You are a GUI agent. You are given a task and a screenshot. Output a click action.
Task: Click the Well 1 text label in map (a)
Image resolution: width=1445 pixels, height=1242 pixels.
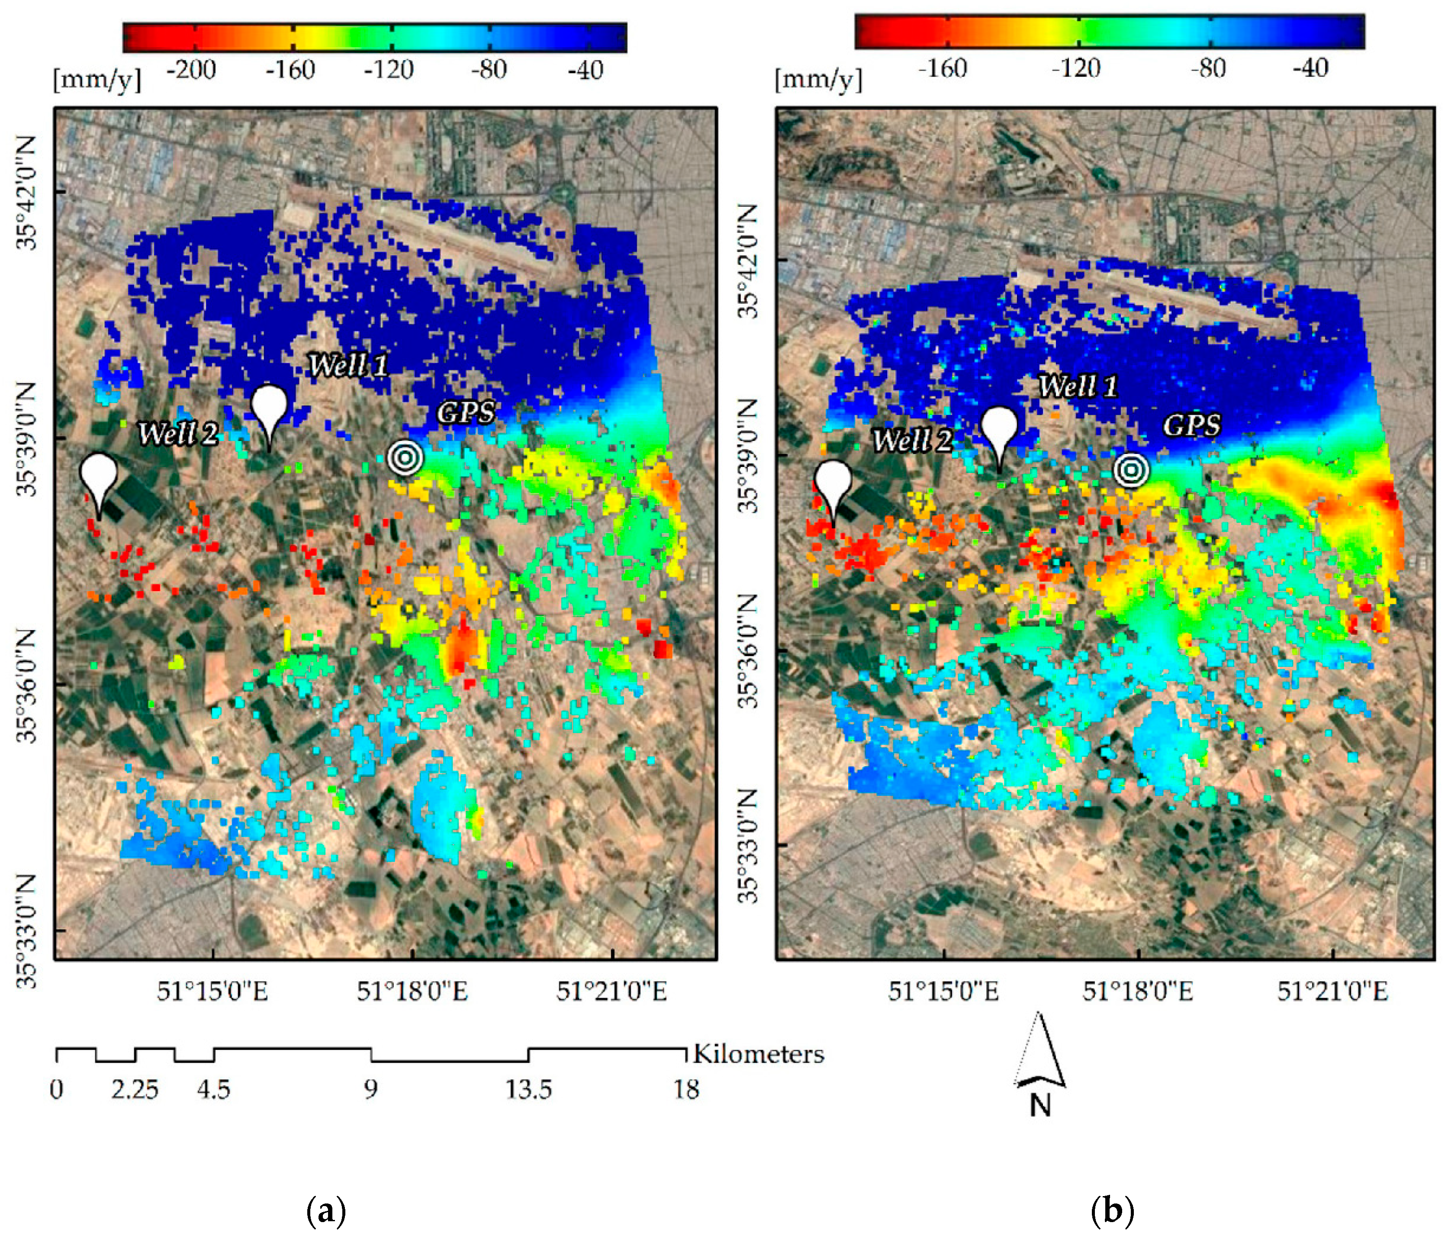348,365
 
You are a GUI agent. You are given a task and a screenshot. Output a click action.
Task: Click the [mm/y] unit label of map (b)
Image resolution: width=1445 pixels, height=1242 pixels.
818,80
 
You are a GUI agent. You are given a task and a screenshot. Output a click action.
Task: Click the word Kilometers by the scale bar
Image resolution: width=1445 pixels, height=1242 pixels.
758,1054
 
